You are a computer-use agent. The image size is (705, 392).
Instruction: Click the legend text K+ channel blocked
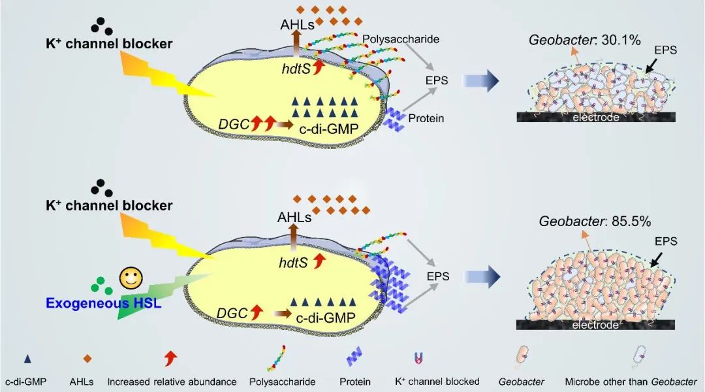437,381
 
